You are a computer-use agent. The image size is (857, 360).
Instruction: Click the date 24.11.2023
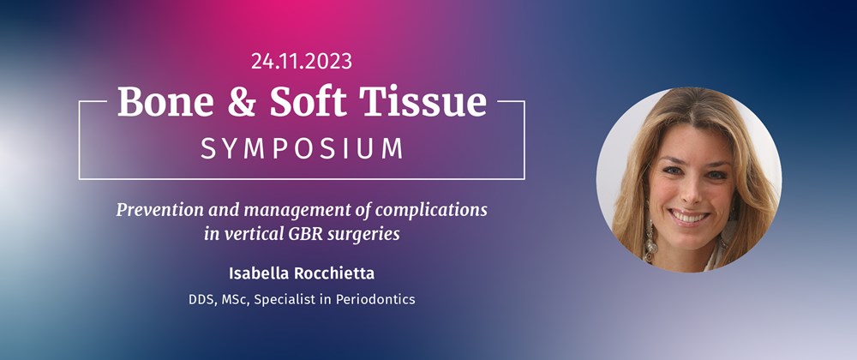[302, 61]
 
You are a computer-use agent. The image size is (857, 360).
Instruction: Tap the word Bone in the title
[165, 102]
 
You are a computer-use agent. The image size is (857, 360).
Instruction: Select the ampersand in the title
[243, 102]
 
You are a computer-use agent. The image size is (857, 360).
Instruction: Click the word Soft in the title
[309, 101]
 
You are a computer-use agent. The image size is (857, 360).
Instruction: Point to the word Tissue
[423, 101]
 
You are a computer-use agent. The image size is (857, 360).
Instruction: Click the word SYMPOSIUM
[303, 148]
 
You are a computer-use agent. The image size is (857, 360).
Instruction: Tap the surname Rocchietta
[333, 273]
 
